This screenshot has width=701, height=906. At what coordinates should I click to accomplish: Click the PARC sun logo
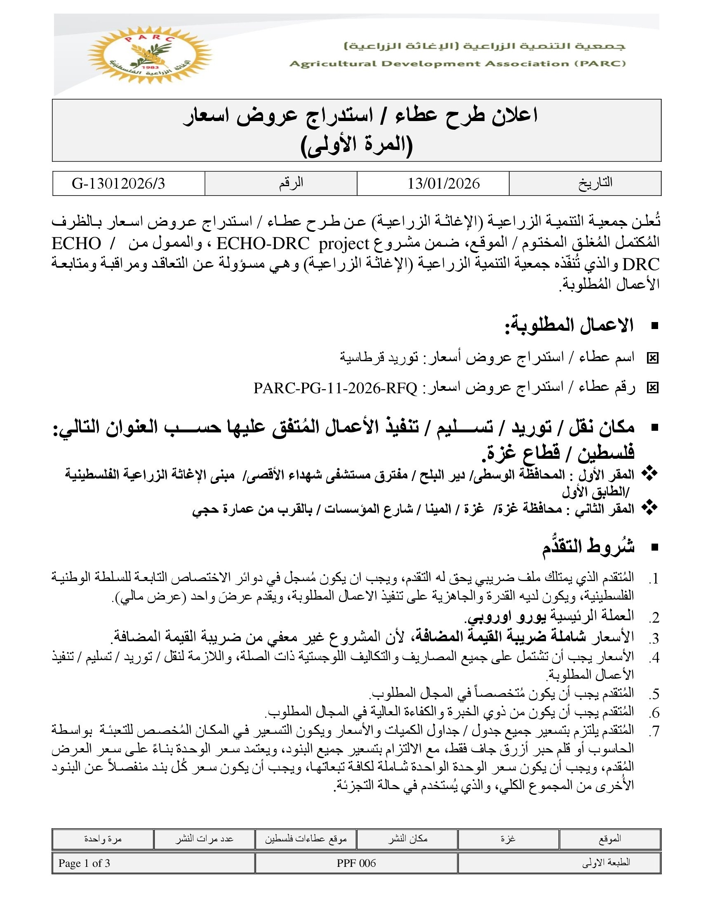pos(150,55)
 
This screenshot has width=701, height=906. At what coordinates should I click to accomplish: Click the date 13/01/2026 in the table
pos(443,183)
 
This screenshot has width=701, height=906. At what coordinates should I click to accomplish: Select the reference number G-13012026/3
pos(118,183)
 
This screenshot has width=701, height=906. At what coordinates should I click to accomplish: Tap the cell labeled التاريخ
pos(595,183)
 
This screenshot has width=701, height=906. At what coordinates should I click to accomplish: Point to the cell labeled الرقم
pos(291,183)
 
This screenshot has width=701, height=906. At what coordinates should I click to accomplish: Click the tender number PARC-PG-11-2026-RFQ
pos(335,388)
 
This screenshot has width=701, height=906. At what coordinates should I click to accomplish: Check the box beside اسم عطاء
pos(652,358)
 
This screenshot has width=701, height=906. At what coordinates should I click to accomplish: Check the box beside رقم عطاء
pos(652,388)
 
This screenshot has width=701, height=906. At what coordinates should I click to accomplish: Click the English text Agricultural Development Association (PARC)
pos(457,64)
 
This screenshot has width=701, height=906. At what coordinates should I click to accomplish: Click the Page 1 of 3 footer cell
pos(84,863)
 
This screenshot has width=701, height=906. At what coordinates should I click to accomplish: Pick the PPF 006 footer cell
pos(356,863)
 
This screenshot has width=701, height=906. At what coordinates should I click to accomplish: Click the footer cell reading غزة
pos(508,839)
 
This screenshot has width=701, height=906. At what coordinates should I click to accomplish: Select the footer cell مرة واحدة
pos(103,839)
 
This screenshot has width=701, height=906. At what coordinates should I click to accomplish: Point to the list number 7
pos(654,731)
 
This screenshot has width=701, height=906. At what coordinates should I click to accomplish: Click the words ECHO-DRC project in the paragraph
pos(293,243)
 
